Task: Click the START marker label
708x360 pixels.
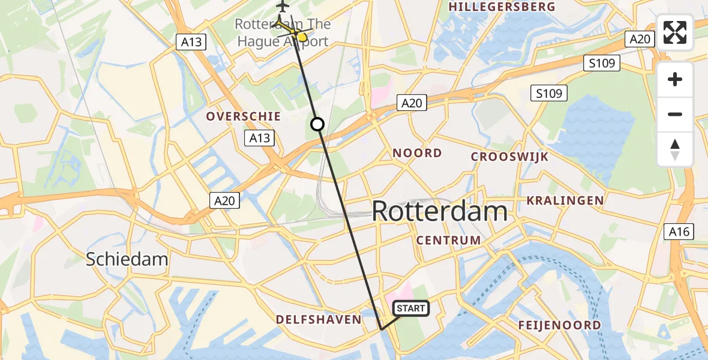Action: [x=411, y=308]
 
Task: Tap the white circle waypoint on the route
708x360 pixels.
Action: [x=317, y=124]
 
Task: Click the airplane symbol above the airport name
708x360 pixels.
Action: [x=283, y=7]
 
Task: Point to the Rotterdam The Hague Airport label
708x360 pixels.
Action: [x=282, y=33]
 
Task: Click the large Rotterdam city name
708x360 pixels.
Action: [x=439, y=212]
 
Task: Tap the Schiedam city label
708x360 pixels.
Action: [x=127, y=259]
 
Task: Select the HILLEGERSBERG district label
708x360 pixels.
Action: [x=502, y=7]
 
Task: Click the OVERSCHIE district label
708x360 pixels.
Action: [x=236, y=116]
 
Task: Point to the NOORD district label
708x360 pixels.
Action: [x=417, y=153]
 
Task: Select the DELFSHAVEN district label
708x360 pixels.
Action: [x=319, y=319]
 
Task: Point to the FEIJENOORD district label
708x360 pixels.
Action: [x=559, y=325]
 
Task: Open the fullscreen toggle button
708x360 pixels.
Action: [x=675, y=32]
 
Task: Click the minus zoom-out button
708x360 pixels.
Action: [x=675, y=114]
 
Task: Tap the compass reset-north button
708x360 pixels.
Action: [x=675, y=149]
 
